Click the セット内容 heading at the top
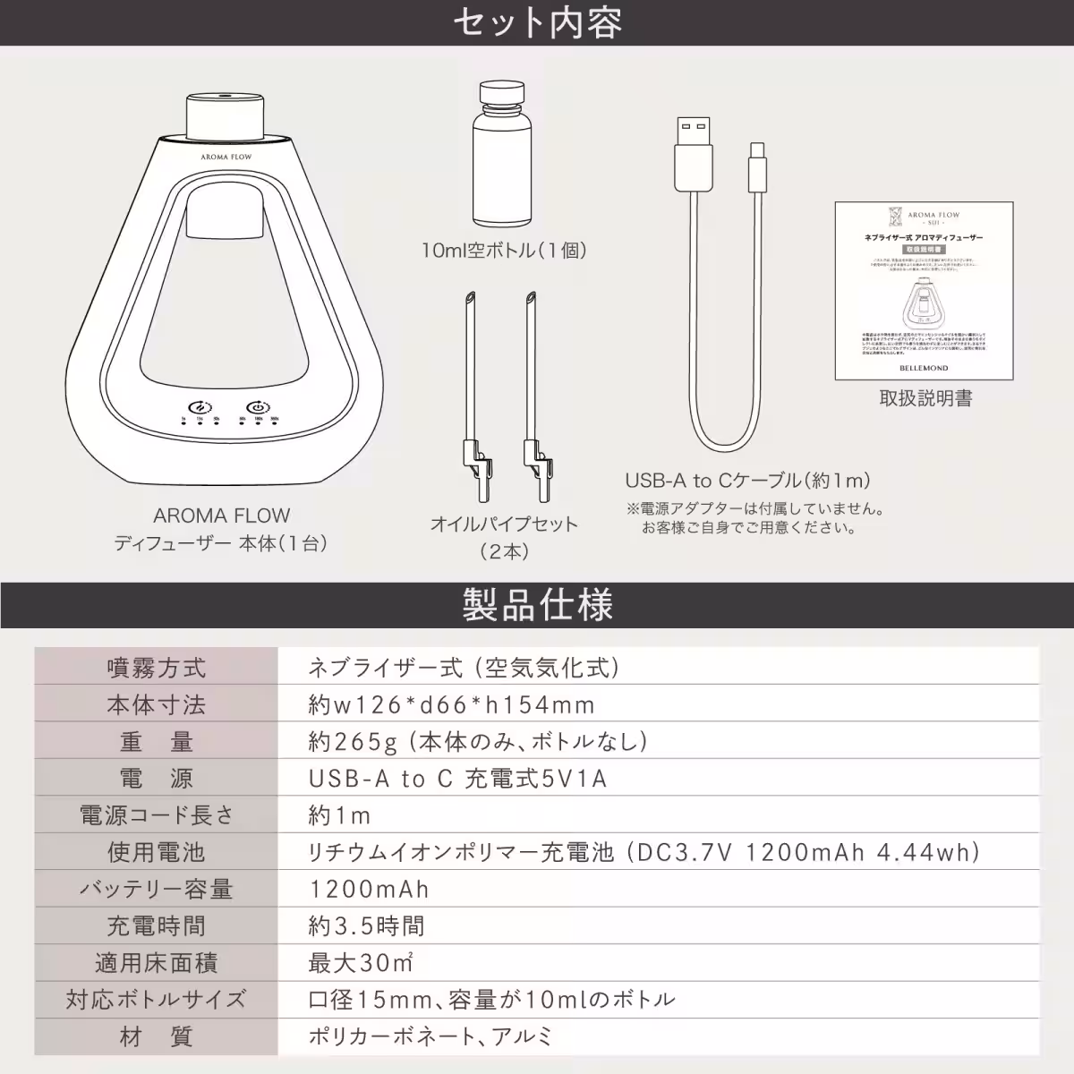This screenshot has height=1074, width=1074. (x=536, y=23)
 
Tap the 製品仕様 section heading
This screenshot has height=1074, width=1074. (x=537, y=605)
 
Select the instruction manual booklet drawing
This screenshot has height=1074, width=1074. (x=925, y=290)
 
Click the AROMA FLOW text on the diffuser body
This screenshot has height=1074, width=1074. (x=226, y=157)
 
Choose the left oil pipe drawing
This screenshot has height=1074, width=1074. (x=472, y=395)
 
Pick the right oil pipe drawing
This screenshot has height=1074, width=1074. (x=534, y=395)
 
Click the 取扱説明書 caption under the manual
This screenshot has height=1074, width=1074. (x=925, y=398)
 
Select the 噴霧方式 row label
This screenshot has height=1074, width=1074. (x=156, y=668)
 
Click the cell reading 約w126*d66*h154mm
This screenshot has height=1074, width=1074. (x=451, y=705)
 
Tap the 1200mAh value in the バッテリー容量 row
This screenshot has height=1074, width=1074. (x=369, y=890)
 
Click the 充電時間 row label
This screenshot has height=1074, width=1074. (x=156, y=926)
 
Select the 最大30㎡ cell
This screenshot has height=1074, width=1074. (x=361, y=963)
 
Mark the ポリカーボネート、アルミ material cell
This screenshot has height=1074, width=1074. (x=430, y=1037)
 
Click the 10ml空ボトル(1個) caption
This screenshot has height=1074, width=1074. (x=504, y=251)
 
